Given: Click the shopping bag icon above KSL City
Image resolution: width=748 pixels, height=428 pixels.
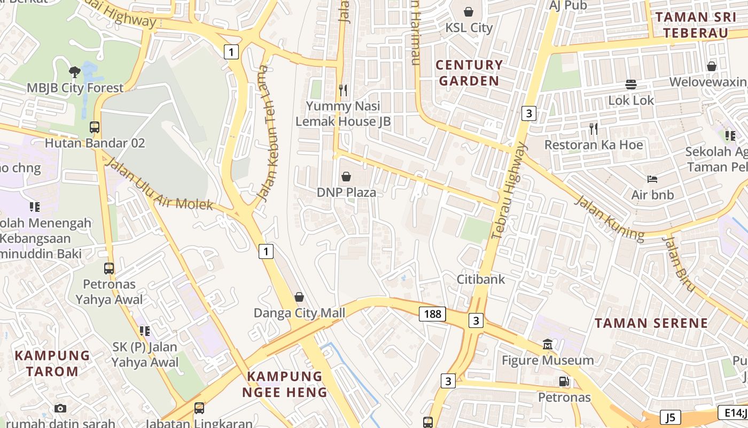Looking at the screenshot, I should (469, 12).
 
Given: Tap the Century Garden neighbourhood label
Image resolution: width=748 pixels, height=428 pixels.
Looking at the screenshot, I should (469, 73).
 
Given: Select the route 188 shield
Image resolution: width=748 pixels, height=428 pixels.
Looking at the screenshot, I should (432, 314).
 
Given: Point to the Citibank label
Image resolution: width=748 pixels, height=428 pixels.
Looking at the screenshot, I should (480, 279).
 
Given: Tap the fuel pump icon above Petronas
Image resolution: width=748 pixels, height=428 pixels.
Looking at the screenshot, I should (564, 381).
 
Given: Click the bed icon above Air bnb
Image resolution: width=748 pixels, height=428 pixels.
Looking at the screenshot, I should (652, 179).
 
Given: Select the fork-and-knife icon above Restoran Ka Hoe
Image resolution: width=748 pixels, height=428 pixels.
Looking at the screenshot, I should (593, 129).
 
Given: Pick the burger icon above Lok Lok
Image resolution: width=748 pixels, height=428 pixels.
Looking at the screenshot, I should (631, 85).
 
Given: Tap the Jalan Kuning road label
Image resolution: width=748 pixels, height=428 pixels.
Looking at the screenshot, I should (609, 218).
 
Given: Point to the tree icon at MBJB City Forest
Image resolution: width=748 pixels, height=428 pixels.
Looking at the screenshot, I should (75, 72).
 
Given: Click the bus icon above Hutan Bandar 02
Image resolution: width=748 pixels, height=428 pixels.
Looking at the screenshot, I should (95, 127).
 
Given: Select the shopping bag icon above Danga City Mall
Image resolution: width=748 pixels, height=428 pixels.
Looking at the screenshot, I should (299, 297).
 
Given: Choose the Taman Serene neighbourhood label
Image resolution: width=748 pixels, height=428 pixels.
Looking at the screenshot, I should (651, 323).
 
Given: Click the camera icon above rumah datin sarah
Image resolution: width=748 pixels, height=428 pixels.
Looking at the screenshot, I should (60, 408).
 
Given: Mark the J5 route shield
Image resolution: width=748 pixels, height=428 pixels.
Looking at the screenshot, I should (670, 417).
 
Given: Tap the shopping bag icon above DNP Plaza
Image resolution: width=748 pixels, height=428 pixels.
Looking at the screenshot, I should (346, 177).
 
